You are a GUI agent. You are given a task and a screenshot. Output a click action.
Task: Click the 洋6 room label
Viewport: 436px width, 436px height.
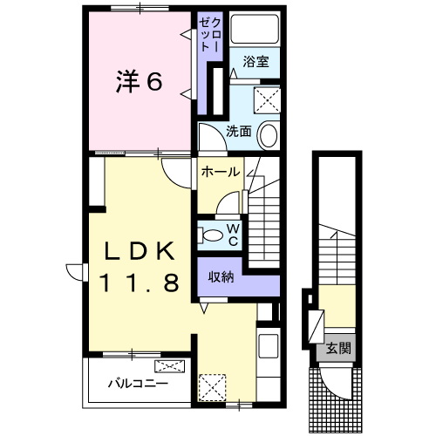[140, 82]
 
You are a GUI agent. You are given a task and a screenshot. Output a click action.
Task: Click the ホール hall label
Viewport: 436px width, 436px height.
[220, 173]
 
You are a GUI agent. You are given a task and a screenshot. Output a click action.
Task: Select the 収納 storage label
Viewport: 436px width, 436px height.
[220, 276]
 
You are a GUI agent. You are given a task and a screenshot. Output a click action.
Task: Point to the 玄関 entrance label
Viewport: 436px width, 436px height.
[339, 348]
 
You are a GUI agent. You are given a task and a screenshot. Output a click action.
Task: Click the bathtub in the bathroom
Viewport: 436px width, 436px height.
[255, 31]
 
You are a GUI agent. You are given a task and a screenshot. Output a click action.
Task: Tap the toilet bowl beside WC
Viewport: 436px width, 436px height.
[212, 233]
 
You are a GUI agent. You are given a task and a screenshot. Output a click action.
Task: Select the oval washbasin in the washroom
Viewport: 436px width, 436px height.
[269, 135]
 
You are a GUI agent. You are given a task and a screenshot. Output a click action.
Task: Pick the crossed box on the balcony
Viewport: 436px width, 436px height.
[168, 366]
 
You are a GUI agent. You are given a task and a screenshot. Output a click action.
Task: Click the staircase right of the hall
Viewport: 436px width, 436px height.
[262, 222]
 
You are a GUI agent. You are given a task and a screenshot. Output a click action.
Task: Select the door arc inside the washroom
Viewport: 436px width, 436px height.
[209, 135]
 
